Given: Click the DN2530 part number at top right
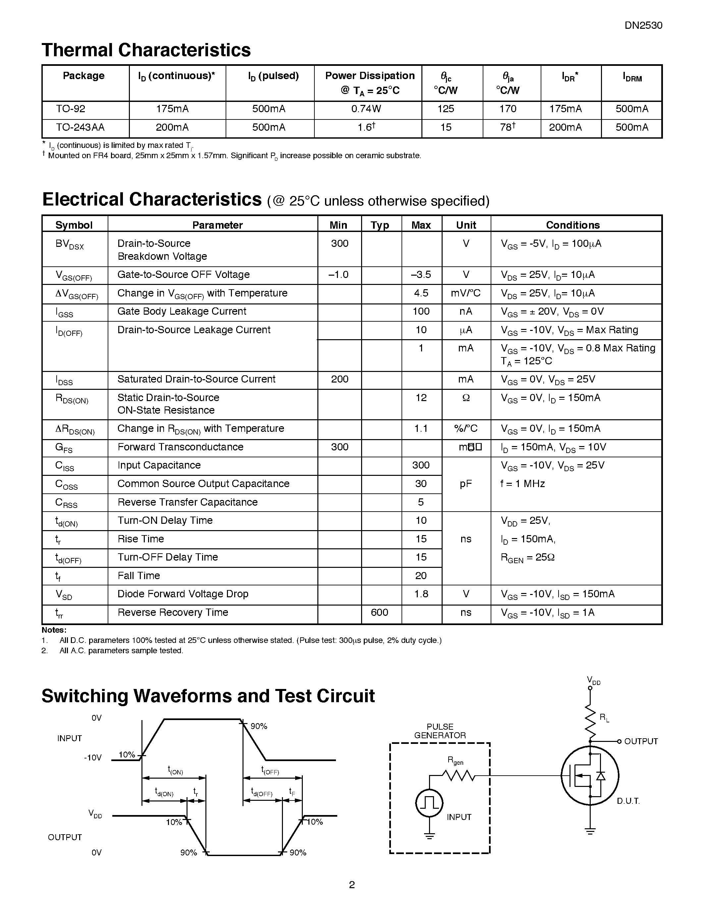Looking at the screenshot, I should click(643, 25).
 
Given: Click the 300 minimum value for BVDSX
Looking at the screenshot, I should click(340, 244).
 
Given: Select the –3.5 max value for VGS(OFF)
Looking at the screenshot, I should click(421, 275).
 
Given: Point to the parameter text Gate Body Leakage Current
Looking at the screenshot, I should click(182, 312).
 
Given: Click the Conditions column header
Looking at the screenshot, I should click(572, 225).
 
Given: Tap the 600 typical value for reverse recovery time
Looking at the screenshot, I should click(379, 613).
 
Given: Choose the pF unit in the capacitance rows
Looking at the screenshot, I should click(465, 484).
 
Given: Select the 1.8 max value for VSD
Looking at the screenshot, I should click(421, 594).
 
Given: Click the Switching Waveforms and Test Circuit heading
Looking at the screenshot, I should click(208, 696).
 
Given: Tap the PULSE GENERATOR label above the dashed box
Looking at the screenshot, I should click(440, 731).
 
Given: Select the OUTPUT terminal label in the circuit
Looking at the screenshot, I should click(641, 741).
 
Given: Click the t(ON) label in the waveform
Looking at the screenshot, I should click(175, 770).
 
